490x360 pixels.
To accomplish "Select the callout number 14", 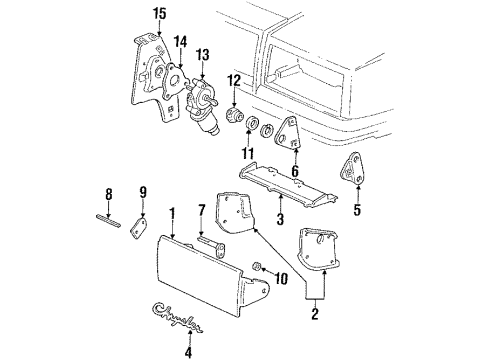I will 181,42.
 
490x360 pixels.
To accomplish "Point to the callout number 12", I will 233,80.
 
